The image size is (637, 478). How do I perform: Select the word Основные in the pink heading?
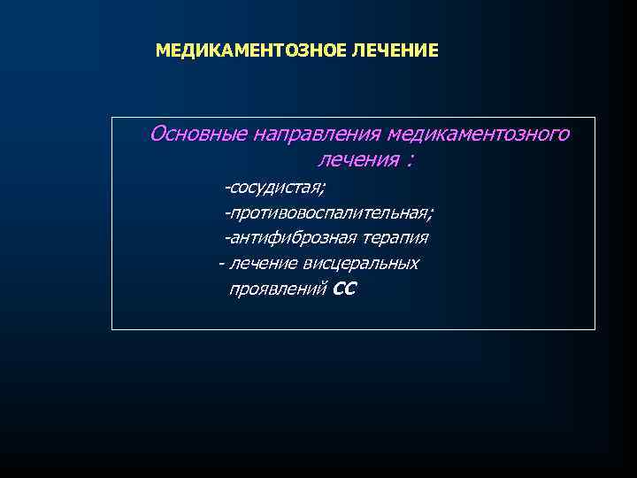coord(198,135)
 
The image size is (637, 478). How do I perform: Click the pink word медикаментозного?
coord(479,135)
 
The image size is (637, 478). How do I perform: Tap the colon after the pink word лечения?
coord(411,162)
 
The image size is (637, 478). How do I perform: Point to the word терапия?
coord(395,238)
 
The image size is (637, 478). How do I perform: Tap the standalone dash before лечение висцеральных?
coord(220,264)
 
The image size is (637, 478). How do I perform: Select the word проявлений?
coord(279,289)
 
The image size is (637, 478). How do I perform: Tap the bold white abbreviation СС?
coord(345,289)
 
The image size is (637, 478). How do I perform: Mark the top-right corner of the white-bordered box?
coord(595,118)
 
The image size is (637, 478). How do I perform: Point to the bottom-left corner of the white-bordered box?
coord(111,329)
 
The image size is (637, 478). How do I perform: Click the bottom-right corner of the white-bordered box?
coord(595,329)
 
